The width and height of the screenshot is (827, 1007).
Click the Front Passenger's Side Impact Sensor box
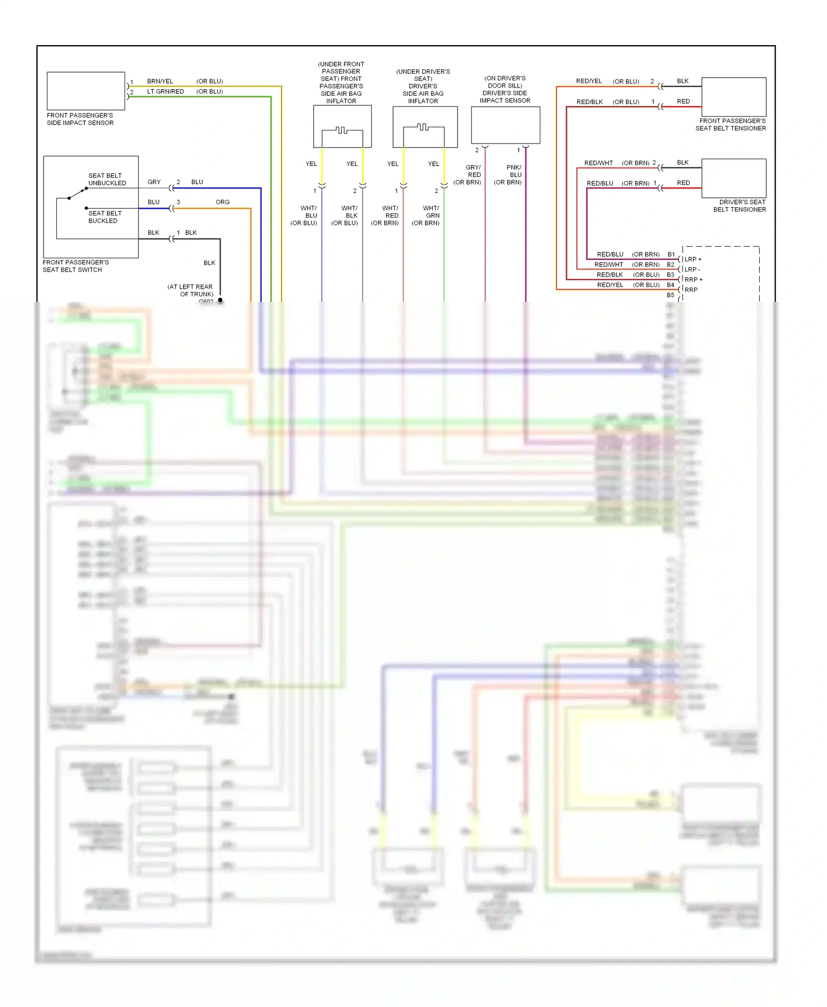pyautogui.click(x=85, y=91)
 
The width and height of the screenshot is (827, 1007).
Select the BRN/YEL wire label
pyautogui.click(x=160, y=82)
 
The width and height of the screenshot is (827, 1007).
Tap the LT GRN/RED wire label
pyautogui.click(x=165, y=91)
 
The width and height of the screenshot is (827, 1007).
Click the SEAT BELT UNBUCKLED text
pyautogui.click(x=107, y=179)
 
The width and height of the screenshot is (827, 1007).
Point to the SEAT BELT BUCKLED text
pyautogui.click(x=105, y=217)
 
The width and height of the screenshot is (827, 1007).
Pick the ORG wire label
pyautogui.click(x=223, y=202)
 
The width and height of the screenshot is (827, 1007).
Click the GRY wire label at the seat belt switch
pyautogui.click(x=154, y=182)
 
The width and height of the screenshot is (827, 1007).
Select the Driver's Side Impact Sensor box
pyautogui.click(x=505, y=126)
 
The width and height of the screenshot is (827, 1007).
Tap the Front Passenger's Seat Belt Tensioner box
pyautogui.click(x=733, y=97)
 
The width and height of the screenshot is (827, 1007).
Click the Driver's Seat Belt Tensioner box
pyautogui.click(x=733, y=178)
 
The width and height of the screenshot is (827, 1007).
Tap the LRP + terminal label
pyautogui.click(x=693, y=259)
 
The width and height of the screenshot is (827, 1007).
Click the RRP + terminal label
pyautogui.click(x=694, y=280)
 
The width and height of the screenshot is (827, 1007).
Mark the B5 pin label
pyautogui.click(x=670, y=295)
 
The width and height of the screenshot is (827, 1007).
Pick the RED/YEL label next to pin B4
pyautogui.click(x=610, y=285)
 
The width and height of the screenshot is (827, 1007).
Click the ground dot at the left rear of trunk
pyautogui.click(x=220, y=300)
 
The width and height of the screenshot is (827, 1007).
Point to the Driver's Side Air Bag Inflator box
pyautogui.click(x=425, y=127)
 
